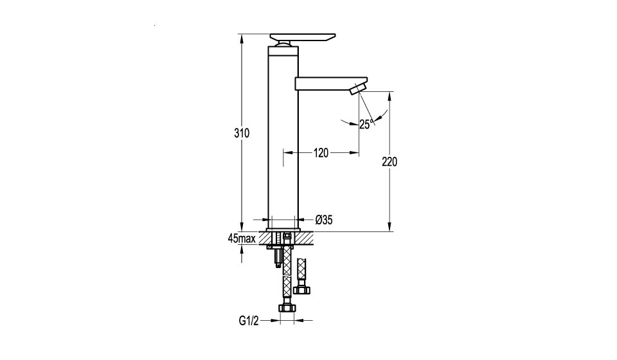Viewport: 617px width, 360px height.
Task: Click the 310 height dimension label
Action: [242, 133]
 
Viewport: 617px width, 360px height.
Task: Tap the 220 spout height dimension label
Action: [389, 162]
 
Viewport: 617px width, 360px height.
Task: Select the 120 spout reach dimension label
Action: [321, 152]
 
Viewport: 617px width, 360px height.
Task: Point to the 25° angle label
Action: [366, 124]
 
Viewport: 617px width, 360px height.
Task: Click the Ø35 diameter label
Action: [324, 220]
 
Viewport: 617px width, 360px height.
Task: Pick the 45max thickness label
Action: [242, 239]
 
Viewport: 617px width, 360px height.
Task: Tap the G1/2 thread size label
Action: [249, 321]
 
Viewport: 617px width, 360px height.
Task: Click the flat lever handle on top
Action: [303, 37]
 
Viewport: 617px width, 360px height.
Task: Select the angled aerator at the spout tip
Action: [359, 88]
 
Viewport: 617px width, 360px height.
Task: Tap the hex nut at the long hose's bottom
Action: [287, 308]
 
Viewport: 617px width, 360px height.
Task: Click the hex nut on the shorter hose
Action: [303, 290]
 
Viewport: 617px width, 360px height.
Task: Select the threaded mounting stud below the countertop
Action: [278, 258]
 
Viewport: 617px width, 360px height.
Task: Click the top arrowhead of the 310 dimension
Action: [242, 38]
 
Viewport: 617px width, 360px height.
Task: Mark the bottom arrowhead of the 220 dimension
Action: [389, 227]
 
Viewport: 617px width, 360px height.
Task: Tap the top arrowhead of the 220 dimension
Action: [389, 96]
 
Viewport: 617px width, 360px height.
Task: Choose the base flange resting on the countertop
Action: [283, 230]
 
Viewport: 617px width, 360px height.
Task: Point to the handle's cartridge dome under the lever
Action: [283, 44]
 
